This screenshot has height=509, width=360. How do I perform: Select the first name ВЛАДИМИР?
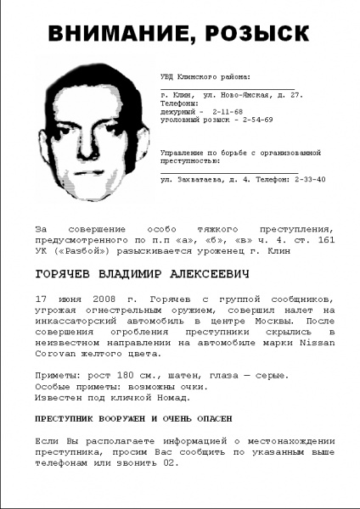point(152,275)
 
